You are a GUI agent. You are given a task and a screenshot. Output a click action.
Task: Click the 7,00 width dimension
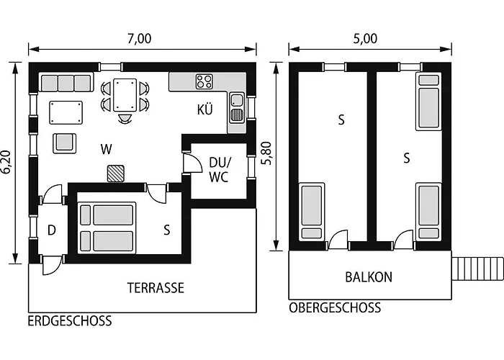[140, 39]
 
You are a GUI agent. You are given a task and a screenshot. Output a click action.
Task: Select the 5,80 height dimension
[267, 154]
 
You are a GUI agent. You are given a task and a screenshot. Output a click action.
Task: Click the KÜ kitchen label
[205, 110]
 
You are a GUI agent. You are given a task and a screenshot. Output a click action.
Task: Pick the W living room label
[107, 150]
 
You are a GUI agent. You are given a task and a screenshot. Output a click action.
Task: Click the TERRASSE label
[156, 288]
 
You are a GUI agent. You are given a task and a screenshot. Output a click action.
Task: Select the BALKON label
[368, 276]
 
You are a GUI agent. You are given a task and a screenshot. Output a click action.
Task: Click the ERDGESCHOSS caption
[70, 321]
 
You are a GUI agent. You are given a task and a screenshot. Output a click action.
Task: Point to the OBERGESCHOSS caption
[334, 308]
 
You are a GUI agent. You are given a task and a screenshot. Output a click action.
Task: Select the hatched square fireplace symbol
[115, 174]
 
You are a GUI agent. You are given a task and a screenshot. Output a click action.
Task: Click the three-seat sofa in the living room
[66, 82]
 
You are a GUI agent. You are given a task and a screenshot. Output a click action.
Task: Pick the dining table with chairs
[125, 97]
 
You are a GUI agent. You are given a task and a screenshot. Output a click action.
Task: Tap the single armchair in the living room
[66, 142]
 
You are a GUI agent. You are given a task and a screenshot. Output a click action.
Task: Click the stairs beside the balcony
[477, 270]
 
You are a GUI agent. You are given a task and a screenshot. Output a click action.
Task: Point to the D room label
[51, 230]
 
